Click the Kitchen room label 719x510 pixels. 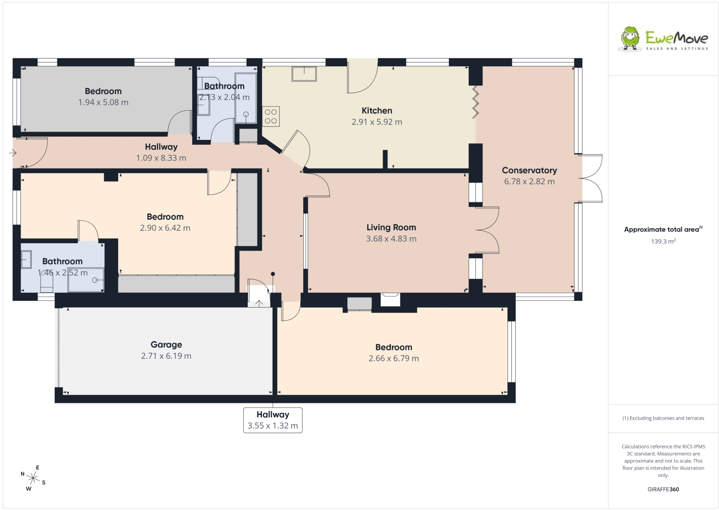pos(377,111)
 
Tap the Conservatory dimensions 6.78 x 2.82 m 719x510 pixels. pos(529,182)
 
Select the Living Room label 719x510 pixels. pos(391,227)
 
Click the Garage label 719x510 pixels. pos(166,345)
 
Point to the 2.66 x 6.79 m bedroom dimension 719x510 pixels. pos(394,359)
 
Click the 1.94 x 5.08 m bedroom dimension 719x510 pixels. pos(103,102)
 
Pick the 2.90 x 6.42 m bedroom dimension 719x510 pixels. pos(165,228)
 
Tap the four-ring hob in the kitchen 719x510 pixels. pos(271,116)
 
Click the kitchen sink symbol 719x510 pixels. pos(304,74)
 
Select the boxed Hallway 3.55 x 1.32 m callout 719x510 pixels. pos(273,420)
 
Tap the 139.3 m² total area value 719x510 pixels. pos(663,241)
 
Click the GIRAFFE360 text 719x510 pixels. pos(663,489)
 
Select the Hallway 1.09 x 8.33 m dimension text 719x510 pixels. pos(161,158)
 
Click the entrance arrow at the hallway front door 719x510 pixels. pos(13,153)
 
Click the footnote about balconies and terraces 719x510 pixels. pos(663,418)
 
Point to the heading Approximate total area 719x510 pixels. pos(663,229)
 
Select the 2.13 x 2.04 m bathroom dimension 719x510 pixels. pos(224,97)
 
